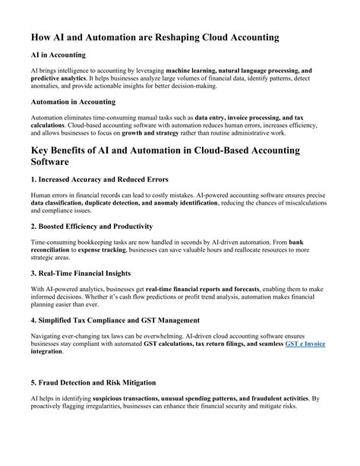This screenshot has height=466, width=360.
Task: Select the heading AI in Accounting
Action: coord(58,55)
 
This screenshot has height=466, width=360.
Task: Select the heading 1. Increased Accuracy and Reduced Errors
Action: coord(99,180)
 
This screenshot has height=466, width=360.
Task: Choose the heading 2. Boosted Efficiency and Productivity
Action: coord(92,226)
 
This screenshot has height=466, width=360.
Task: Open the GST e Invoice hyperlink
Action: coord(305,344)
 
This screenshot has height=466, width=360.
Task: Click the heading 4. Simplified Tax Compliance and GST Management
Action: coord(115,319)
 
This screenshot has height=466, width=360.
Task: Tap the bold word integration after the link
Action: coord(47,352)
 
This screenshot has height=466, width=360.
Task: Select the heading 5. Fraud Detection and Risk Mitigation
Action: coord(93,382)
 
